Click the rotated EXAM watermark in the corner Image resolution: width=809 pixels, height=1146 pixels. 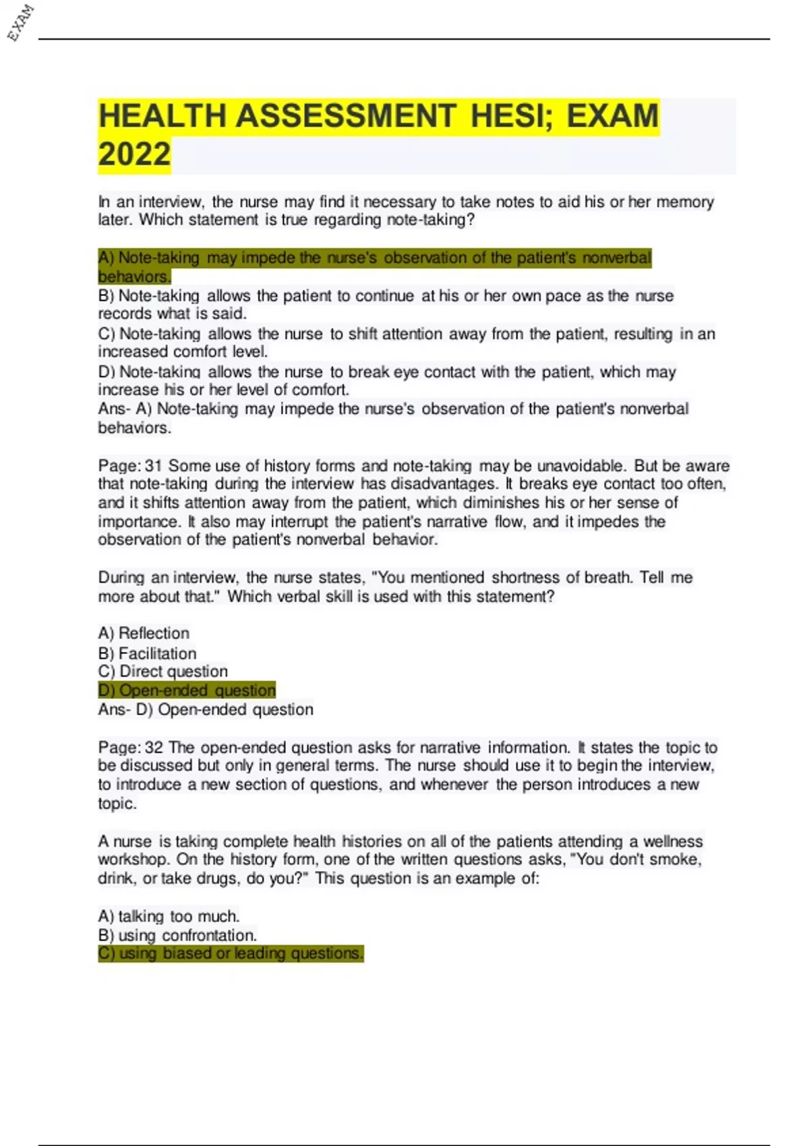(x=20, y=22)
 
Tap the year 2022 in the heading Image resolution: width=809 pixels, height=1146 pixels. (x=135, y=154)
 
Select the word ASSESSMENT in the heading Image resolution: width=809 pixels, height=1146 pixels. (x=346, y=116)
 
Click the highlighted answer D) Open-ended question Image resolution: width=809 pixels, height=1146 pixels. (x=187, y=690)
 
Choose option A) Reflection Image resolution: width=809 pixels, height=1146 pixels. (x=144, y=634)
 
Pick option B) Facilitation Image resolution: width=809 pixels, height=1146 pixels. (x=147, y=653)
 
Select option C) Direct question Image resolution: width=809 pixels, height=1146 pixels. (x=162, y=671)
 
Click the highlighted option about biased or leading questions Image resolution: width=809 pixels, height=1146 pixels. (x=231, y=953)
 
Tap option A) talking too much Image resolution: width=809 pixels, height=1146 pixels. (x=169, y=916)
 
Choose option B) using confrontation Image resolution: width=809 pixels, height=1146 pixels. (x=177, y=935)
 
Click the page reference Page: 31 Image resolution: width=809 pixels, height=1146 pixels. (x=130, y=466)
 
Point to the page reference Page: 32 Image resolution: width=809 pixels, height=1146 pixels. (x=130, y=748)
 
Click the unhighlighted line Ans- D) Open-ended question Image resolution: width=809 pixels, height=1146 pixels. (x=206, y=710)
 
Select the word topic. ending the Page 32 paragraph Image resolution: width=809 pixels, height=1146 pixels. (x=117, y=804)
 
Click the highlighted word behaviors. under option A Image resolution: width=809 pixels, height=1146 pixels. (x=134, y=276)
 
